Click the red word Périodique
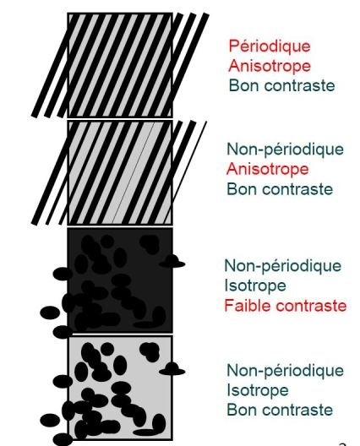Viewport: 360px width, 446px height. click(270, 46)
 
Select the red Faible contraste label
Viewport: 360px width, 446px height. click(286, 306)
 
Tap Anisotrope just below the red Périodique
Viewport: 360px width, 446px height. click(270, 66)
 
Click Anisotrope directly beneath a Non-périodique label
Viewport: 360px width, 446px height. click(268, 169)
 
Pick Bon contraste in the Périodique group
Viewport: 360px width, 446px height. click(281, 85)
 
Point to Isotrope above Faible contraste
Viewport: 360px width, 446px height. click(255, 286)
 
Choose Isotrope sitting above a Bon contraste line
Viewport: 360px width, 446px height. click(258, 390)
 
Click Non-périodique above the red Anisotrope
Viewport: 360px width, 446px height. click(285, 150)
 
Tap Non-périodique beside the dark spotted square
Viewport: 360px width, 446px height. click(283, 266)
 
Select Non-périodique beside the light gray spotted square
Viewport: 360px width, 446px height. click(285, 371)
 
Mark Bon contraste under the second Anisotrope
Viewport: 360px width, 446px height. click(280, 189)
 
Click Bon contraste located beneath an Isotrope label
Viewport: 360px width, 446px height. click(280, 411)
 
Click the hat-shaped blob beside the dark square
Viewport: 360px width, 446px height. click(172, 262)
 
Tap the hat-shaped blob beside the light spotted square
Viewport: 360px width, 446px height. click(172, 369)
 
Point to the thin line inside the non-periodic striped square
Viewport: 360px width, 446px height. click(134, 172)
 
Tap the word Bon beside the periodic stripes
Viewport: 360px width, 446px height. click(242, 85)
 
